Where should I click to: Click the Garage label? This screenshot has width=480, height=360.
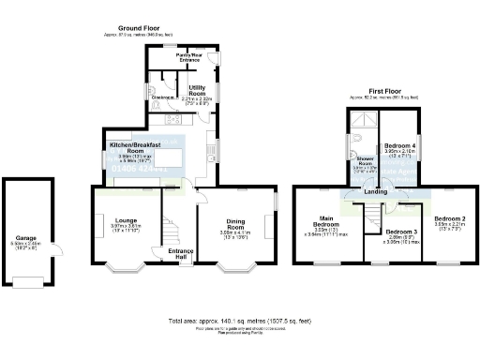tap(25, 238)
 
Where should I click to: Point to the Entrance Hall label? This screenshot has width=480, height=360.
tap(179, 253)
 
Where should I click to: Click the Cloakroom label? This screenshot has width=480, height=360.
tap(160, 95)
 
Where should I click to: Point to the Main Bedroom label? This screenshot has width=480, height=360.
tap(325, 225)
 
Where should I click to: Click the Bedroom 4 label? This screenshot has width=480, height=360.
tap(401, 146)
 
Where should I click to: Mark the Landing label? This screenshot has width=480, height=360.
tap(375, 193)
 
